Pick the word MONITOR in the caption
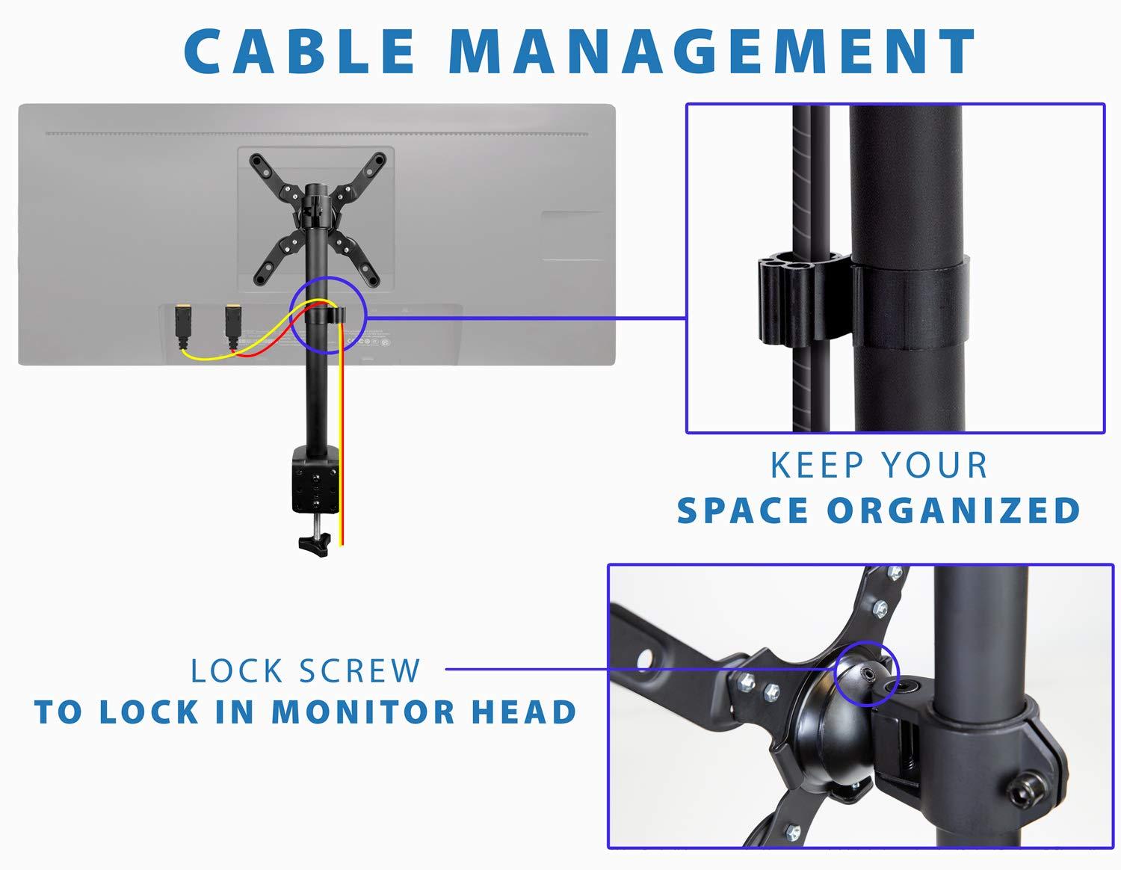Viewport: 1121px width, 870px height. [362, 712]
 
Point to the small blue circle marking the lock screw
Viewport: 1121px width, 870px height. [866, 673]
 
